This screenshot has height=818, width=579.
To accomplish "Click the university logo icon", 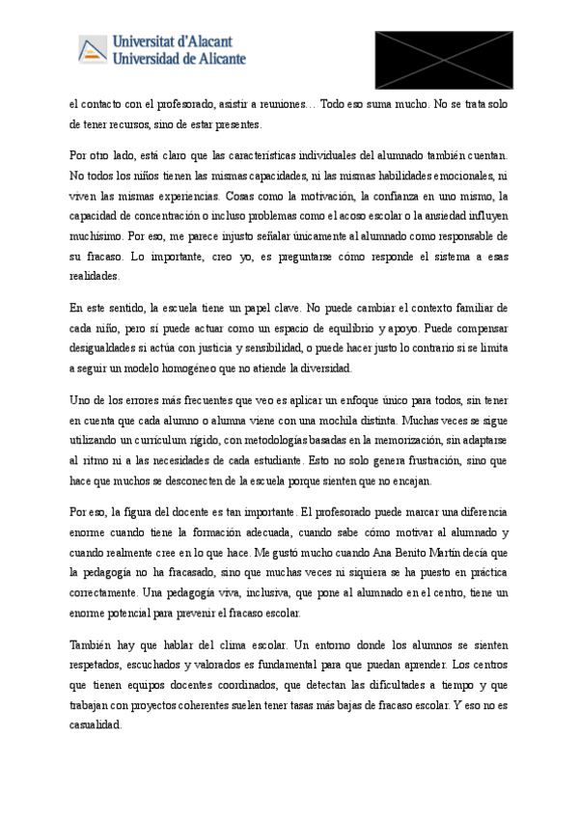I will click(93, 48).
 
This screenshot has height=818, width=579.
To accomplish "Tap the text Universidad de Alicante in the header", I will click(179, 58).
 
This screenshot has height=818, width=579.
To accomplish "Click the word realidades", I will click(95, 276).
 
